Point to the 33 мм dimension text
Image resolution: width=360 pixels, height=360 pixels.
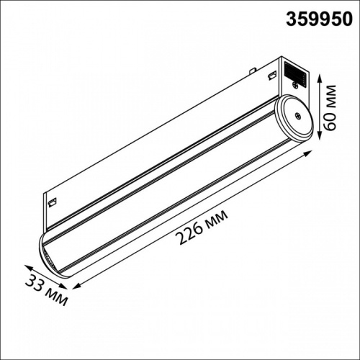[46, 287]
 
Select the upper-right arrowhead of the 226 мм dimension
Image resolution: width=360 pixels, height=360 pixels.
[311, 153]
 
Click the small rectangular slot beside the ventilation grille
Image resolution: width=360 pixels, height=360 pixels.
[272, 76]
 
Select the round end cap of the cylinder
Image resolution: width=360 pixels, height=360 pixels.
[294, 117]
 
